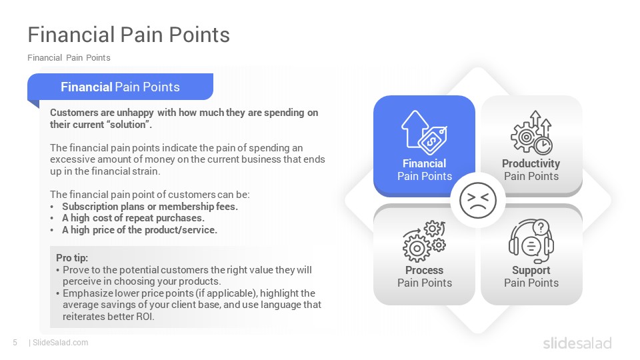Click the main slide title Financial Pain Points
click(x=129, y=35)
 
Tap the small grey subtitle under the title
click(x=69, y=57)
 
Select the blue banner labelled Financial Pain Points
click(x=121, y=87)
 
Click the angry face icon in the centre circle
click(x=477, y=201)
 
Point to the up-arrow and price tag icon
click(x=424, y=132)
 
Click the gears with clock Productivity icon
click(x=531, y=132)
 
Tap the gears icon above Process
click(x=424, y=241)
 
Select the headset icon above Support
click(x=531, y=241)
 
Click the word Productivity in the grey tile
click(x=531, y=163)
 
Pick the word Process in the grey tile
click(x=424, y=270)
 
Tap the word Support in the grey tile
click(x=531, y=270)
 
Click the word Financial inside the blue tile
click(x=424, y=163)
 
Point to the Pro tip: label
click(x=72, y=257)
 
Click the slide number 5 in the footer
click(x=15, y=343)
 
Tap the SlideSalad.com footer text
click(x=60, y=343)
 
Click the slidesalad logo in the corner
click(x=577, y=343)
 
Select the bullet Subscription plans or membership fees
click(x=150, y=206)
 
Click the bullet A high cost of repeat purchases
click(x=133, y=218)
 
